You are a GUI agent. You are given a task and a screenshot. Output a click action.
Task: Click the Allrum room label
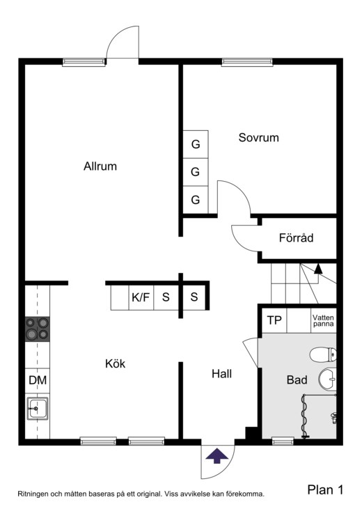click(x=100, y=166)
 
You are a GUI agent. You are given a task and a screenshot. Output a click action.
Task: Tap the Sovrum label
click(x=258, y=137)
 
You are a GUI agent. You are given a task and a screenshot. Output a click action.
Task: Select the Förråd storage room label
click(x=296, y=237)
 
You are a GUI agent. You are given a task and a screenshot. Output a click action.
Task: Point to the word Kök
click(x=115, y=363)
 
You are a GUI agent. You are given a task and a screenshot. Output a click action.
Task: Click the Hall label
click(x=221, y=374)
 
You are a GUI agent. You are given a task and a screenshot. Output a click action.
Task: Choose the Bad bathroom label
click(x=297, y=379)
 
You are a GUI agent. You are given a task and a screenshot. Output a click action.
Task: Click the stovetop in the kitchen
click(x=38, y=329)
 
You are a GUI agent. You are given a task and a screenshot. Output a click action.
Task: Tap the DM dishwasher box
click(x=38, y=380)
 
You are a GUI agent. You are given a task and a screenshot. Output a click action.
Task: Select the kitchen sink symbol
click(x=38, y=408)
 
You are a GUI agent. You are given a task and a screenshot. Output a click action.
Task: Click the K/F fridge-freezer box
click(x=141, y=297)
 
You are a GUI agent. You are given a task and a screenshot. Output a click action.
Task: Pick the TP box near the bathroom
click(x=274, y=320)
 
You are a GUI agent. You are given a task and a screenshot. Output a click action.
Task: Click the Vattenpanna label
click(x=323, y=320)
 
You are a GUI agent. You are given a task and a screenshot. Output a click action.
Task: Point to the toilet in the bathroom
click(x=323, y=354)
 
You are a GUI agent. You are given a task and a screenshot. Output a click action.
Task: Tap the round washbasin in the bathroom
click(x=327, y=379)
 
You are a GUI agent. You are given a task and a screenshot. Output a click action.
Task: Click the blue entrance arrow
click(x=217, y=456)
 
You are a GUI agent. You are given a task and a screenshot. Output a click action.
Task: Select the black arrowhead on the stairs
click(x=318, y=269)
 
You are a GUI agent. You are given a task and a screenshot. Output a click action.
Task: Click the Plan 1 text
click(x=326, y=490)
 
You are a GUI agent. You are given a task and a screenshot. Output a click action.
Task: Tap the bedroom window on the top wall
click(x=247, y=61)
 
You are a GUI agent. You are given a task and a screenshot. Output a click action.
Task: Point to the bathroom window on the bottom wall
click(x=283, y=441)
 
